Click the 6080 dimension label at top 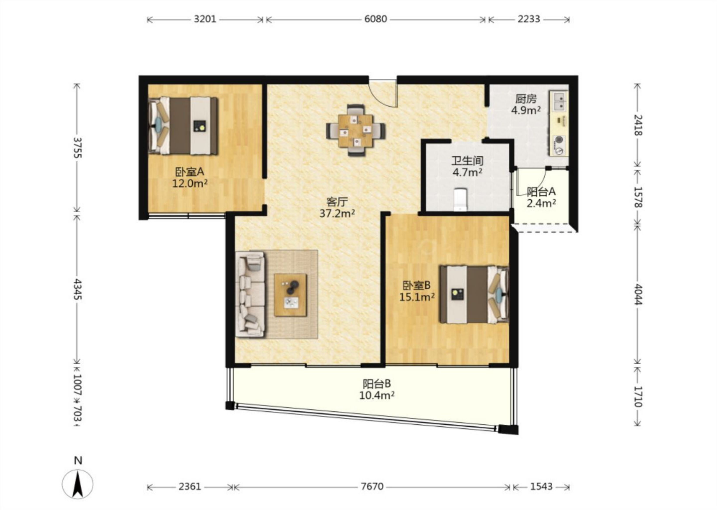pos(376,19)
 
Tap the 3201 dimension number pos(205,19)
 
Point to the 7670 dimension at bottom pos(372,486)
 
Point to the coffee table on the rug pos(290,295)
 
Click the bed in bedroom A pos(183,126)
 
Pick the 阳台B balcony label pos(377,384)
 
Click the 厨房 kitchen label pos(526,99)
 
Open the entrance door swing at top pos(383,94)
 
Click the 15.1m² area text pos(417,297)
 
